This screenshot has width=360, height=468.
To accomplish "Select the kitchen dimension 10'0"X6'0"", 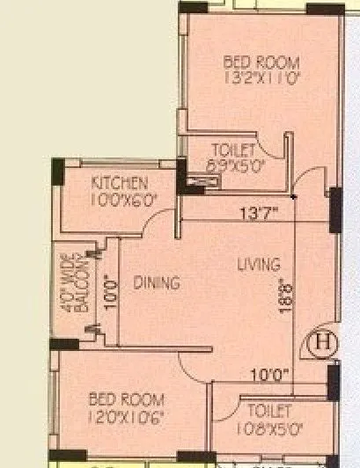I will point(124,199).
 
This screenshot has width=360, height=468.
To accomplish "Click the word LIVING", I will point(259,264).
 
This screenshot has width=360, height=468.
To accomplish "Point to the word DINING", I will point(157,283).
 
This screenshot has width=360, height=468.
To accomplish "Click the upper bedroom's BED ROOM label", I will point(261,62).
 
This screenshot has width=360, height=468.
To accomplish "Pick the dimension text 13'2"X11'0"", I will point(261,77).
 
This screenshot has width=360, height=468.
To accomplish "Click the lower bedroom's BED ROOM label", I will point(127,399).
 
